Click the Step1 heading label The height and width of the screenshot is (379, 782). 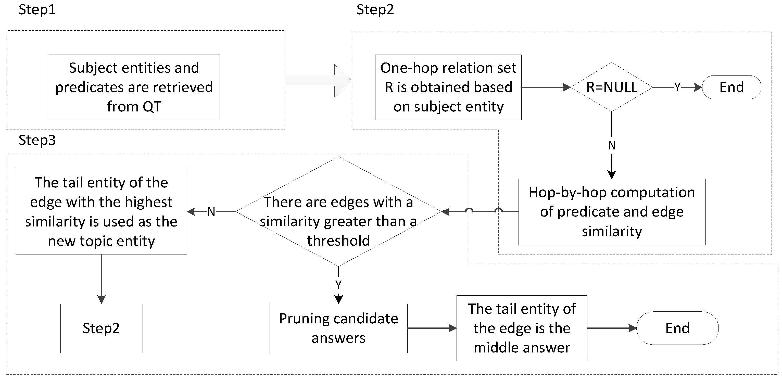click(x=37, y=10)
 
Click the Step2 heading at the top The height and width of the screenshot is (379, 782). click(x=375, y=10)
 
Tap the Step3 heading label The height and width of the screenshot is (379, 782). click(x=37, y=140)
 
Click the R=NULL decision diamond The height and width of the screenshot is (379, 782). click(x=611, y=87)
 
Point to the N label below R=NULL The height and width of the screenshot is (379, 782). click(x=611, y=146)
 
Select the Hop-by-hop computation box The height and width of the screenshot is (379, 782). click(x=612, y=211)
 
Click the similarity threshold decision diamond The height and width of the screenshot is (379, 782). click(x=338, y=211)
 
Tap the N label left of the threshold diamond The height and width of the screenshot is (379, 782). click(x=211, y=211)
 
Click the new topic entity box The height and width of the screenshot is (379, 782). click(x=102, y=211)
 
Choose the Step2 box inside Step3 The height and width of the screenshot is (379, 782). click(x=102, y=328)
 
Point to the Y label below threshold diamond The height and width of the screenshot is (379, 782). click(x=338, y=285)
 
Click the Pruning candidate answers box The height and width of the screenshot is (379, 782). click(x=338, y=328)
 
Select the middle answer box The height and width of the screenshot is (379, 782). click(x=522, y=328)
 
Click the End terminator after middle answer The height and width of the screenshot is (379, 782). click(x=677, y=328)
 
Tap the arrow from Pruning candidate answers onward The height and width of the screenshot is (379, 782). click(x=431, y=328)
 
